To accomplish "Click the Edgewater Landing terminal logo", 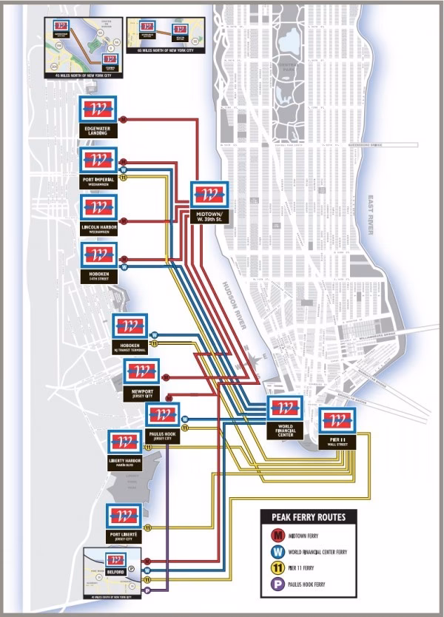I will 98,112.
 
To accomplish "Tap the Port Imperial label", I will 98,180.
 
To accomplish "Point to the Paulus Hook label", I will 163,436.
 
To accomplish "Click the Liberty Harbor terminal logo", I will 124,442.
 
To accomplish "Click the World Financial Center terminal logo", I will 286,408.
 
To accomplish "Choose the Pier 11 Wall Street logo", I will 337,420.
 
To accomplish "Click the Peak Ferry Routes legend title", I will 309,516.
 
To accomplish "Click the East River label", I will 373,215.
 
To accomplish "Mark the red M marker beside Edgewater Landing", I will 124,118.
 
